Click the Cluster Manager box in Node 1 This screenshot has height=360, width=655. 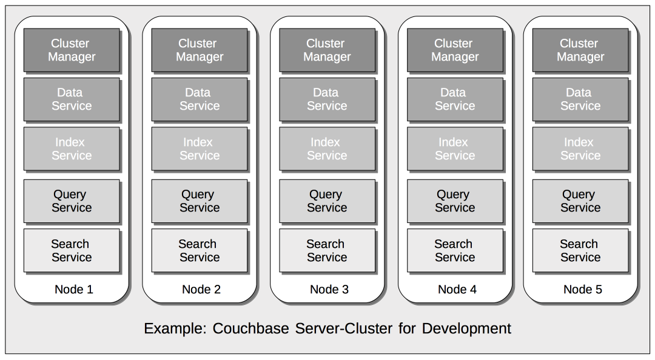71,50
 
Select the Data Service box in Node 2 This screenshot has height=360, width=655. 199,99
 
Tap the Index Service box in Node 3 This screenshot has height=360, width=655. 326,149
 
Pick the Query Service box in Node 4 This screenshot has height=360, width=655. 454,201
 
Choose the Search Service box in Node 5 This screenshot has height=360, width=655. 580,250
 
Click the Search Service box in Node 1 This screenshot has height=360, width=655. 71,250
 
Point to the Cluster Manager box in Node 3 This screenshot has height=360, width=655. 326,50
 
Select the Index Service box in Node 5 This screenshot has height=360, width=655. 580,149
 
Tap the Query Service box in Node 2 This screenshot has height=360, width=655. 199,201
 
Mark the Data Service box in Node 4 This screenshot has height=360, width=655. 454,99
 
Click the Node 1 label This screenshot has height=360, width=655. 73,289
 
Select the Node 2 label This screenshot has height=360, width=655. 201,289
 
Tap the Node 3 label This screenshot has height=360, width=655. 329,289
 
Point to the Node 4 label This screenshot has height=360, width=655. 457,289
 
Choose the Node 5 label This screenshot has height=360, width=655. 582,289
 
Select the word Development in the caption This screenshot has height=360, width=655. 466,328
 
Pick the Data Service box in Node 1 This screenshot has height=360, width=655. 71,99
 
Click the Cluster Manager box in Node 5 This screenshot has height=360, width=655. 580,50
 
